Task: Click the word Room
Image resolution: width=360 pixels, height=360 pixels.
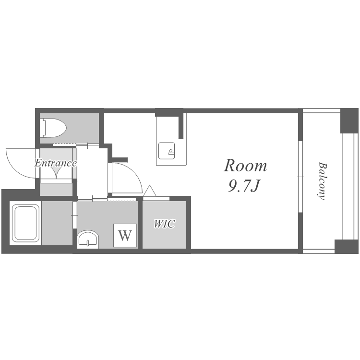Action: (245, 165)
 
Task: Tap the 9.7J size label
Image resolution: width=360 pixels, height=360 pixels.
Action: (243, 186)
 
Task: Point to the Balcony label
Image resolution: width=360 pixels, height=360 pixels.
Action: (322, 181)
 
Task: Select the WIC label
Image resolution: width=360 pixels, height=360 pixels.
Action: (164, 224)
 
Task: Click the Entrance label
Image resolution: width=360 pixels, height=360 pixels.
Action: (56, 163)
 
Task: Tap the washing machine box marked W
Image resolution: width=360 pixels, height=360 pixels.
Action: (125, 235)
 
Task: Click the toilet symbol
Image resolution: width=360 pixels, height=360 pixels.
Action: (53, 128)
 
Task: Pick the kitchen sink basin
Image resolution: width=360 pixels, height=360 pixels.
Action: (167, 151)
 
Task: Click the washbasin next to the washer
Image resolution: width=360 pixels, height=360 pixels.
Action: (88, 239)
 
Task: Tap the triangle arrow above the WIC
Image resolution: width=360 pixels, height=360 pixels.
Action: (150, 191)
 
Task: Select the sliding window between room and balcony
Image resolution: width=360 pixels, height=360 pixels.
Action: (300, 177)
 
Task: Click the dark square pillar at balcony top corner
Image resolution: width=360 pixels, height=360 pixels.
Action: (349, 120)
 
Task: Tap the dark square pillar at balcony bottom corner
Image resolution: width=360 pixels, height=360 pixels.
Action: (347, 246)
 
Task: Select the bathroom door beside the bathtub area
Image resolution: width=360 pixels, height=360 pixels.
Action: (74, 215)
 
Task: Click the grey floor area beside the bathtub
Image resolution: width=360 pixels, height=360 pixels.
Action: (57, 223)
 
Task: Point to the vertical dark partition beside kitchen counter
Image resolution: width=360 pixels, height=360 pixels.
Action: (181, 126)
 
